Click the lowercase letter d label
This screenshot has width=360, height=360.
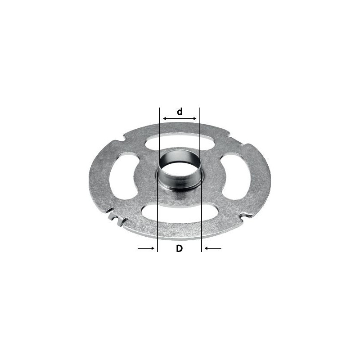pos(180,112)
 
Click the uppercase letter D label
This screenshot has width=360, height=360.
pos(179,248)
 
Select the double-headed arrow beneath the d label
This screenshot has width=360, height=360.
pos(180,118)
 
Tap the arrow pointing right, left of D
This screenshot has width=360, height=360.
pos(146,248)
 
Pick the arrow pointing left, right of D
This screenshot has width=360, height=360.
pos(213,248)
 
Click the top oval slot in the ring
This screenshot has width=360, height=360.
pos(180,142)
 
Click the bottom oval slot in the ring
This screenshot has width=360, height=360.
pos(179,213)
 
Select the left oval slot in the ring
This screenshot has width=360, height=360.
pos(123,177)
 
